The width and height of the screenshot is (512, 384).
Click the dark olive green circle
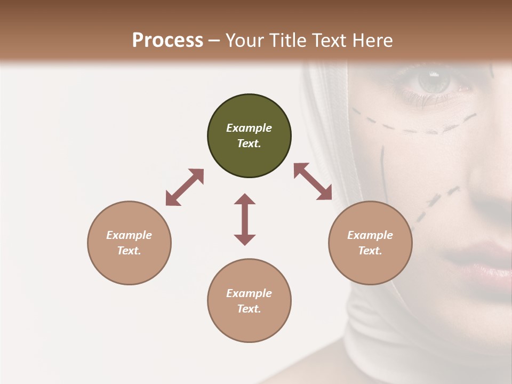pos(249,136)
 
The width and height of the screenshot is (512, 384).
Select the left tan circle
pos(129,243)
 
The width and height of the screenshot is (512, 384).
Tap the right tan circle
pos(370,243)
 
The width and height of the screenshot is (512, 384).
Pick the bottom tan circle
pos(249,301)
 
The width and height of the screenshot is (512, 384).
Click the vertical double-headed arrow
pos(245,219)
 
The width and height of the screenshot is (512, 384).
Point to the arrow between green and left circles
pos(185,187)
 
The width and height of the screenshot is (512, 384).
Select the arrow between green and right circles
pos(313,181)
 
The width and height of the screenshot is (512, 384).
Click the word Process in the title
pos(167,40)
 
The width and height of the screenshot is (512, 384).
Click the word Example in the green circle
pos(249,128)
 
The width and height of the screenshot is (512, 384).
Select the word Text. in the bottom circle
pos(249,309)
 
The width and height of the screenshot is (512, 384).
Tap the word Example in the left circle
pos(129,235)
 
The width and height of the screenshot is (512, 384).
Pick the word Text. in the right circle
pos(370,251)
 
